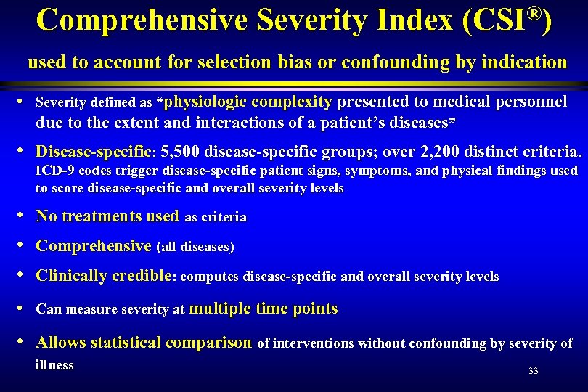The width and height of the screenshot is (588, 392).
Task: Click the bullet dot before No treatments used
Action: click(x=26, y=216)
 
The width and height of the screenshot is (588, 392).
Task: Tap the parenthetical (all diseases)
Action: click(x=195, y=248)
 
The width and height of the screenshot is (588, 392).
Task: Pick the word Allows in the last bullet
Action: click(x=61, y=343)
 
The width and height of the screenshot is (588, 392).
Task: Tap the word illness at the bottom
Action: click(x=54, y=366)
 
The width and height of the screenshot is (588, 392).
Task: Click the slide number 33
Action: click(x=534, y=371)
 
